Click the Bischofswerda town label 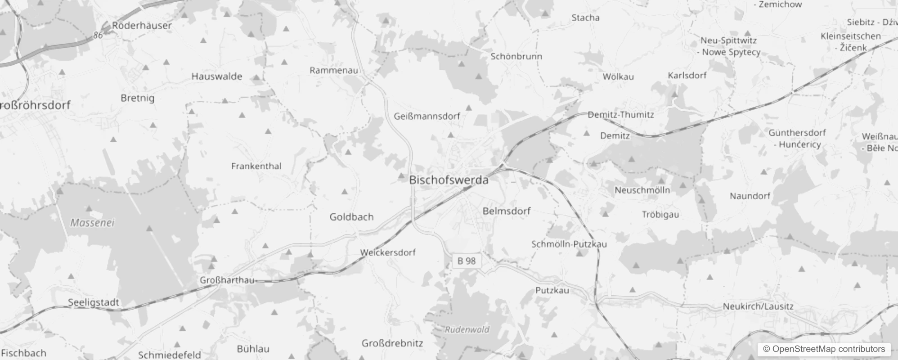coord(449,180)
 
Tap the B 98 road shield coord(467,261)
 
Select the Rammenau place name coord(334,70)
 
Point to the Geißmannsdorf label coord(427,116)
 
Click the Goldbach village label coord(351,217)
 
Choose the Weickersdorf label coord(388,252)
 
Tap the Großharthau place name coord(227,280)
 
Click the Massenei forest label coord(93,223)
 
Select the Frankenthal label coord(256,166)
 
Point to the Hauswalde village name coord(216,76)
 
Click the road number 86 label coord(98,35)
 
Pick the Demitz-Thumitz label coord(621,115)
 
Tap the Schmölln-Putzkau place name coord(569,244)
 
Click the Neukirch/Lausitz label coord(758,306)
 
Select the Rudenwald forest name coord(467,330)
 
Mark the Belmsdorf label coord(506,211)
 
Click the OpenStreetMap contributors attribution coord(824,349)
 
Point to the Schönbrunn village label coord(516,57)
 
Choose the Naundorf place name coord(750,196)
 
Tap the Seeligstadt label coord(94,303)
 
